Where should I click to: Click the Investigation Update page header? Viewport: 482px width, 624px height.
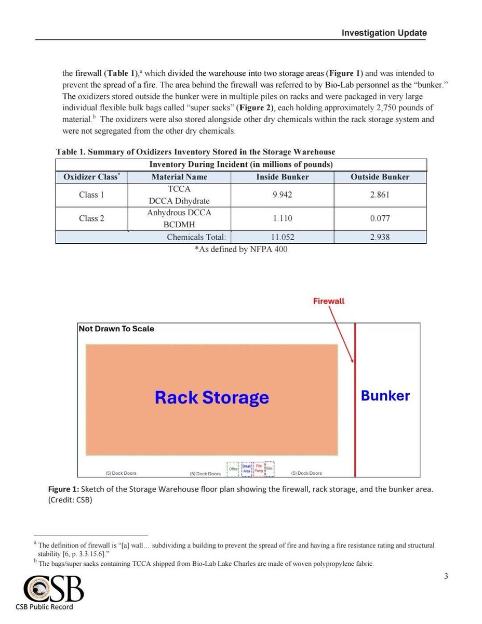384,33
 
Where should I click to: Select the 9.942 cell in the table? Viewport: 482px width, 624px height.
283,195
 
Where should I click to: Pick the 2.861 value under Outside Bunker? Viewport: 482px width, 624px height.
380,195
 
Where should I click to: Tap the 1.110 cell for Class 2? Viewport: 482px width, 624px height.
283,218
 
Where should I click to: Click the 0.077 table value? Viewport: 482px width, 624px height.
380,218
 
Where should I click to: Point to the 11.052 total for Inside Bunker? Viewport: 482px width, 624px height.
283,237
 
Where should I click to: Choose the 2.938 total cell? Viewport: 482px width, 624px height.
380,237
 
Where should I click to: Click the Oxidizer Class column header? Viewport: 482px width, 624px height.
91,177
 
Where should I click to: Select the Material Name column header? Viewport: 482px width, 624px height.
179,177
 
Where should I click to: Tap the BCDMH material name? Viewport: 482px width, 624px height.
179,225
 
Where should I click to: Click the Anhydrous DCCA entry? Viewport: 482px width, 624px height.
179,213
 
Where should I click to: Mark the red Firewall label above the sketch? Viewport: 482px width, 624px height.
329,301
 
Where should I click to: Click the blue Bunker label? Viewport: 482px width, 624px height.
385,396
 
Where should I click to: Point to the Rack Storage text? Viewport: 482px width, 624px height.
212,398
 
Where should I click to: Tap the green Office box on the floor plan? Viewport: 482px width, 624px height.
233,469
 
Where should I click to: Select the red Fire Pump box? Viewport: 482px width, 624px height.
258,469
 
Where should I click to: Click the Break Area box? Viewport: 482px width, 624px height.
246,469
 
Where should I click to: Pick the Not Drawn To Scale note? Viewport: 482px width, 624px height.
116,329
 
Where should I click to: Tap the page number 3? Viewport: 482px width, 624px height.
446,576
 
